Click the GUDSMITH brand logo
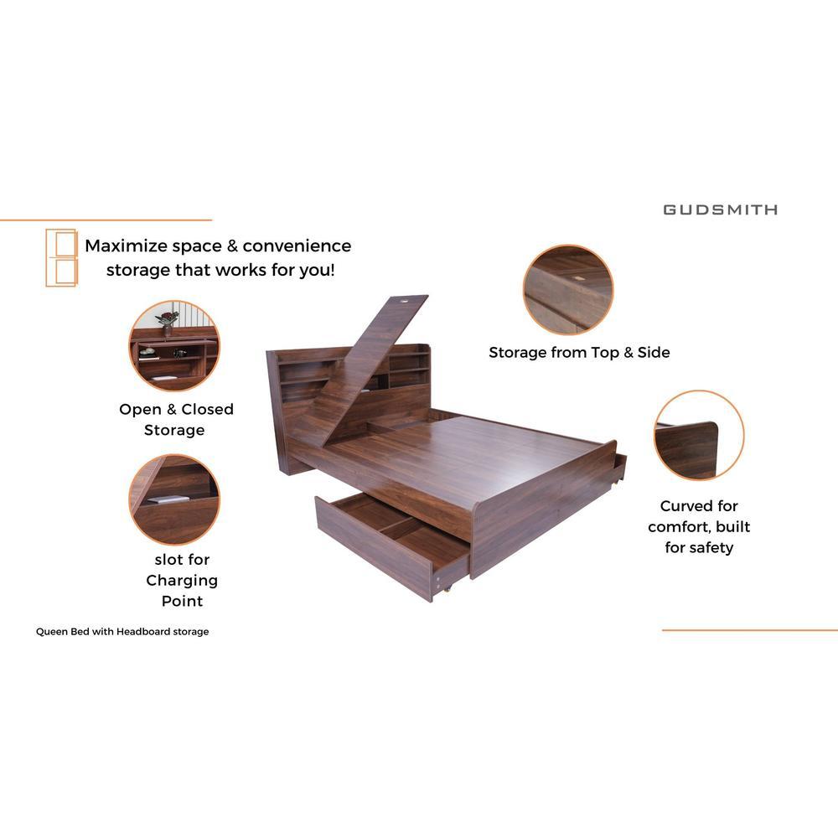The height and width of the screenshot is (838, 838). (x=720, y=209)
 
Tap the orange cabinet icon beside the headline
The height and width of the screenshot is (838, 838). (x=61, y=257)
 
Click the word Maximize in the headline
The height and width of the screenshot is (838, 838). (x=127, y=246)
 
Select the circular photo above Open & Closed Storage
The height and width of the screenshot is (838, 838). (x=174, y=345)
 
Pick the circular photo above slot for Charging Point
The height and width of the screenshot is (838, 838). (x=174, y=499)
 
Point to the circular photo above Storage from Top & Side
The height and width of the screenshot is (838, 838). (x=568, y=290)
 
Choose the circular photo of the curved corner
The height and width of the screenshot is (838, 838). (x=699, y=435)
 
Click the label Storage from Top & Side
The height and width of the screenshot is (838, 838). (x=579, y=353)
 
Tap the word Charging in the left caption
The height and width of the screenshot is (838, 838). (x=182, y=581)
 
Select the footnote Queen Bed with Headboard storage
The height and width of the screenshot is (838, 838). (x=122, y=632)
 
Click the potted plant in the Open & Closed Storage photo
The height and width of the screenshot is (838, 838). (x=168, y=319)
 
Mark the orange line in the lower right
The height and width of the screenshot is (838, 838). (x=750, y=630)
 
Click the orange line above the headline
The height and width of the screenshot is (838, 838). (x=106, y=220)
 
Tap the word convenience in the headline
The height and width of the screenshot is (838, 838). (x=297, y=246)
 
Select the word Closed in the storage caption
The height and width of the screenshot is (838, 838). (x=207, y=410)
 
